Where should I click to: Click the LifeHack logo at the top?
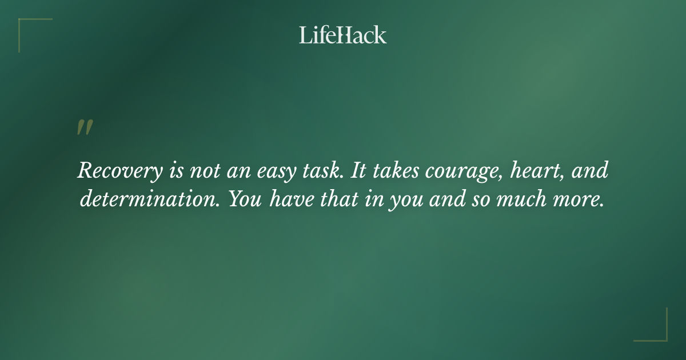pyautogui.click(x=343, y=35)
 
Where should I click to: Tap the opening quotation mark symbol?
pyautogui.click(x=85, y=127)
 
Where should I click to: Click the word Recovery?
pyautogui.click(x=116, y=171)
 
